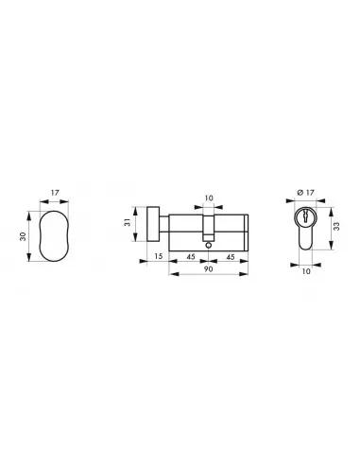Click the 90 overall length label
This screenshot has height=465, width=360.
pos(209,270)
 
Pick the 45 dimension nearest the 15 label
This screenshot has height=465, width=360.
pos(189,256)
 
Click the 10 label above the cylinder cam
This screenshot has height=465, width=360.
pos(210,198)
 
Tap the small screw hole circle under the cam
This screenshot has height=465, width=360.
pos(210,242)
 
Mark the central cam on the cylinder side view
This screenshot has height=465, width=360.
pos(210,230)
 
